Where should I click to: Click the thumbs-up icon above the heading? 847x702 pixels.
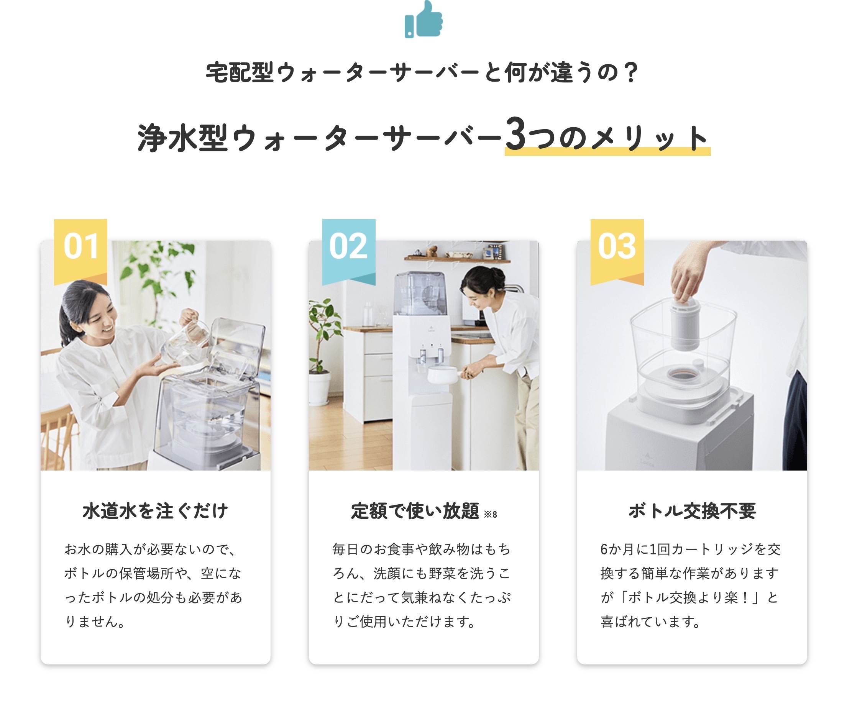424,20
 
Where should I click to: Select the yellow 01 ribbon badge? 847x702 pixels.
80,252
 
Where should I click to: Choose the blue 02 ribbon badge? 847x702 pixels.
349,252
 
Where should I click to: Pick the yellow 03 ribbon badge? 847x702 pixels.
617,252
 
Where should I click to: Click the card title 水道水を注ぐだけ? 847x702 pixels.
155,511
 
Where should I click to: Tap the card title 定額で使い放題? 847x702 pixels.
415,511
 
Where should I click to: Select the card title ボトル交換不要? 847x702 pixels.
692,511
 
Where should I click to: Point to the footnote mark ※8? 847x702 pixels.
491,515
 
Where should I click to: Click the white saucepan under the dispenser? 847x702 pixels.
444,375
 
